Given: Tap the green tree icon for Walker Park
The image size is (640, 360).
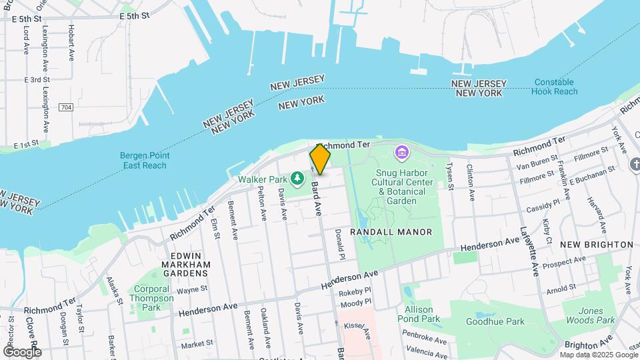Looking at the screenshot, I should (298, 179).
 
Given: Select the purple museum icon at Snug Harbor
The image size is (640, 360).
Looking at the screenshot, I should (401, 153).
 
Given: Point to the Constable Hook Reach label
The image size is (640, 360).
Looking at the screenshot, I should (555, 87).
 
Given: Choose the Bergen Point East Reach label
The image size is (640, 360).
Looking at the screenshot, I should (143, 160).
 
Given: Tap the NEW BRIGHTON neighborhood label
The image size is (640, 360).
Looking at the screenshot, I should (596, 245).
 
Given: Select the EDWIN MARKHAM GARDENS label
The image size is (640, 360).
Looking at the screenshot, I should (181, 264).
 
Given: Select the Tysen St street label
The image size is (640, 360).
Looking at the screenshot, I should (450, 177).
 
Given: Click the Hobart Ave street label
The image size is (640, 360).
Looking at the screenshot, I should (71, 43).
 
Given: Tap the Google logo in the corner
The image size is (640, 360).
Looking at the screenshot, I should (22, 351).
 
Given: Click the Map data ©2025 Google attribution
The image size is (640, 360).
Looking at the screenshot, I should (598, 355).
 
